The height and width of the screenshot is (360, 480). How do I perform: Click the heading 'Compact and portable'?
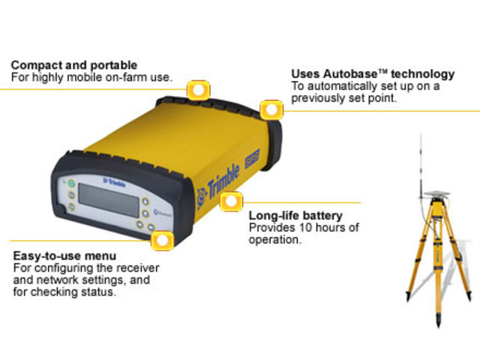tap(73, 66)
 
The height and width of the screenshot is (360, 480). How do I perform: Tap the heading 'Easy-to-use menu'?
tap(65, 255)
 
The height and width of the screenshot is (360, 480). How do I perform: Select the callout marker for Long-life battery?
tap(232, 202)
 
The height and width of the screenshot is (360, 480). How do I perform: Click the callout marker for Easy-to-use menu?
tap(160, 241)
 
